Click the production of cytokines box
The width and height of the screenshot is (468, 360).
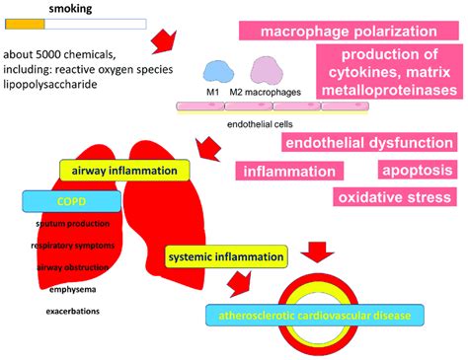pos(387,72)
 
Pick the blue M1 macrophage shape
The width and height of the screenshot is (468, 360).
pos(213,70)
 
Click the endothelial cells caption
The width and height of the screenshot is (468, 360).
pos(253,125)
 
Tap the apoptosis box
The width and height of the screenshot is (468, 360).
pos(416,170)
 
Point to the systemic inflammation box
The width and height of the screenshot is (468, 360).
pos(226,257)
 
